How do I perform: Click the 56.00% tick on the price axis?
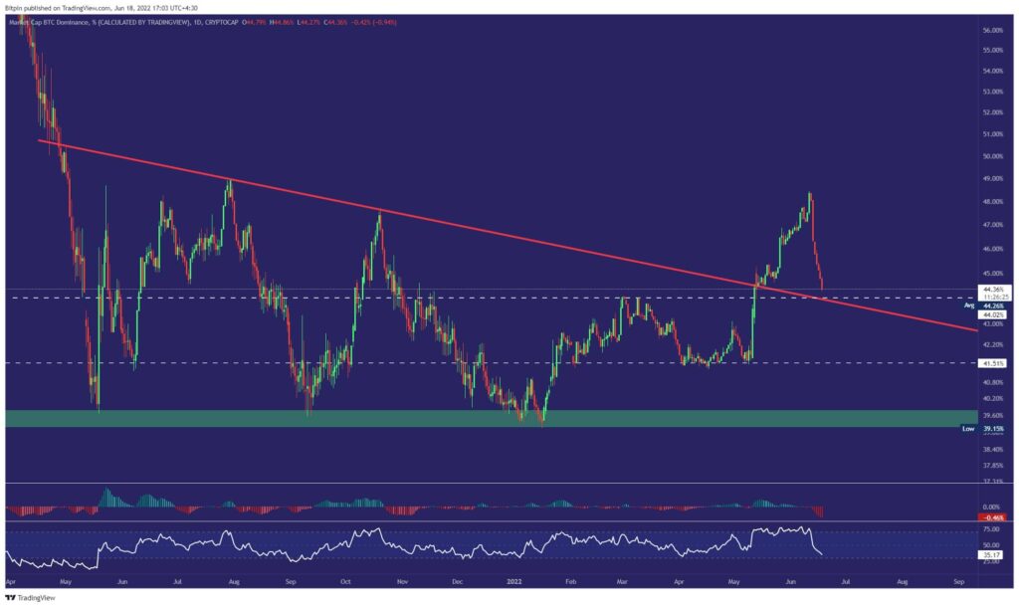tap(992, 31)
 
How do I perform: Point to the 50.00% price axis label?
tap(992, 156)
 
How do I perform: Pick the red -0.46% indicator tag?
tap(994, 518)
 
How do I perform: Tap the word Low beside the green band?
tap(967, 428)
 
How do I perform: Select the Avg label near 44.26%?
tap(968, 306)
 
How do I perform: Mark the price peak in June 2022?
tap(810, 193)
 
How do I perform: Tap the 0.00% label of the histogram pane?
tap(992, 506)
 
